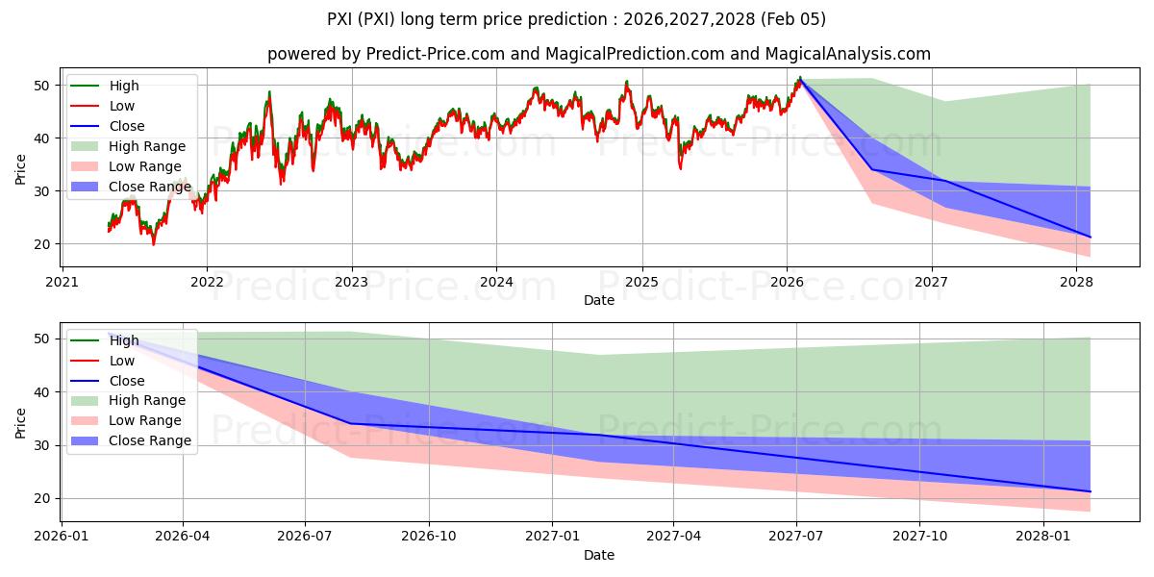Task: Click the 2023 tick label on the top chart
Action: click(351, 282)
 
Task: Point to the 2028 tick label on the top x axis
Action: click(1076, 282)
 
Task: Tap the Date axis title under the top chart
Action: click(599, 301)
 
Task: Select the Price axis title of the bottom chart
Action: click(21, 422)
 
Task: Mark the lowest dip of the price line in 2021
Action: click(153, 244)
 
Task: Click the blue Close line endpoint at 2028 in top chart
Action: click(1090, 237)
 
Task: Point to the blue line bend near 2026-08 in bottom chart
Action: click(349, 423)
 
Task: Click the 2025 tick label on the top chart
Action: click(641, 282)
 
